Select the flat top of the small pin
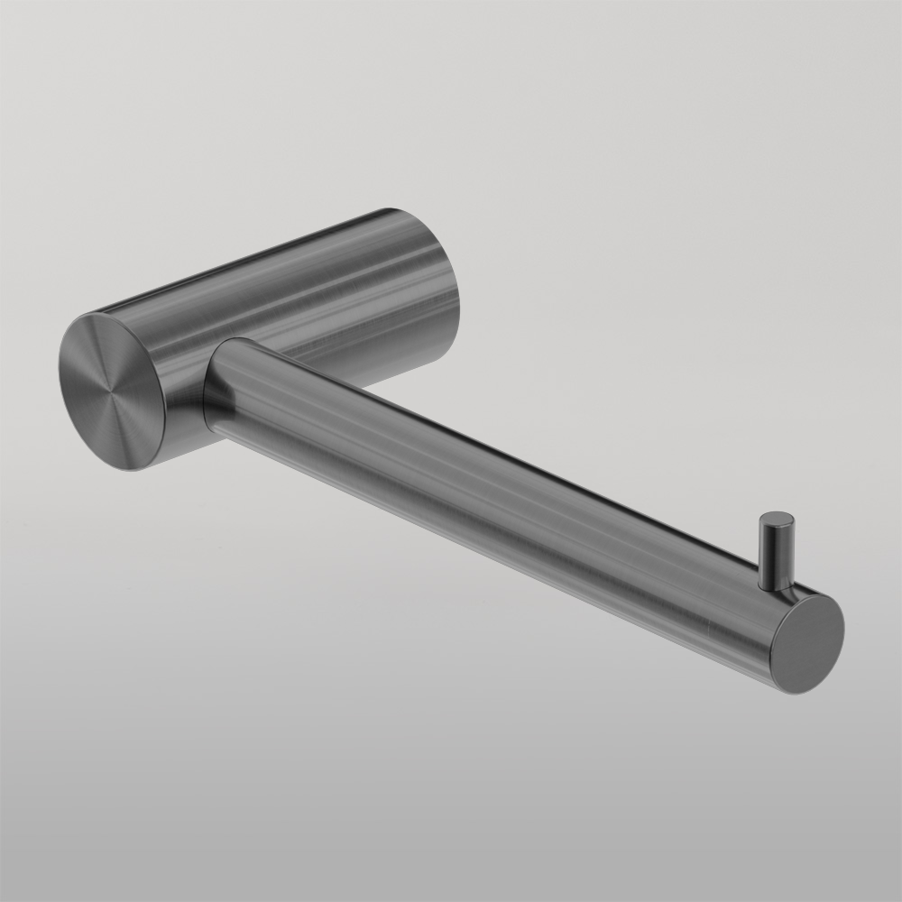777,519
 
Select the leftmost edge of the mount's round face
60,379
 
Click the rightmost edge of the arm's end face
844,627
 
